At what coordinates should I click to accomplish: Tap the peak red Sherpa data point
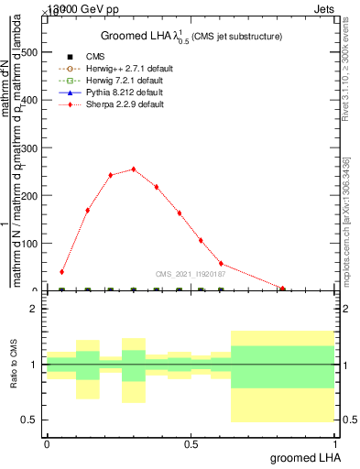134,169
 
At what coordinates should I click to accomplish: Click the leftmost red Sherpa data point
61,272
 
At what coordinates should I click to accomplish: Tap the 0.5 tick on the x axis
191,443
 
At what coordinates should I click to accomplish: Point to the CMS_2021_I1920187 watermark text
191,272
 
